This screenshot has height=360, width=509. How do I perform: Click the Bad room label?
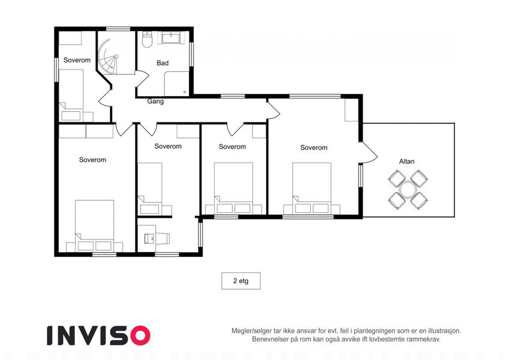click(162, 63)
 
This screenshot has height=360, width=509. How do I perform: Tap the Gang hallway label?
click(155, 101)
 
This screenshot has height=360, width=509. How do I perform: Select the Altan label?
click(406, 161)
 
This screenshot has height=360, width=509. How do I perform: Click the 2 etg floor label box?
click(241, 281)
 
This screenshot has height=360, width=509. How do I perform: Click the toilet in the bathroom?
click(147, 40)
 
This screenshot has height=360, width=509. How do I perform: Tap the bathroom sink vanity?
click(172, 38)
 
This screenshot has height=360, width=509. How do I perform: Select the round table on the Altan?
click(408, 190)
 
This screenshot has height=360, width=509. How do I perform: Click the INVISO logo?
click(99, 335)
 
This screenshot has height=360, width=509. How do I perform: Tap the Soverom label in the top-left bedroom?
click(77, 60)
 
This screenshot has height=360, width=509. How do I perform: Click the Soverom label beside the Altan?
click(314, 148)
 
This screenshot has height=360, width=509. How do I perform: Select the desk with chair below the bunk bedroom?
click(156, 238)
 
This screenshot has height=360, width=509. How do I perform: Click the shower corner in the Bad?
click(177, 84)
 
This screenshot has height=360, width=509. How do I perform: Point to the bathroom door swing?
click(142, 79)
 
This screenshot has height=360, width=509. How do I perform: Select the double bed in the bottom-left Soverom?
click(95, 226)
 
